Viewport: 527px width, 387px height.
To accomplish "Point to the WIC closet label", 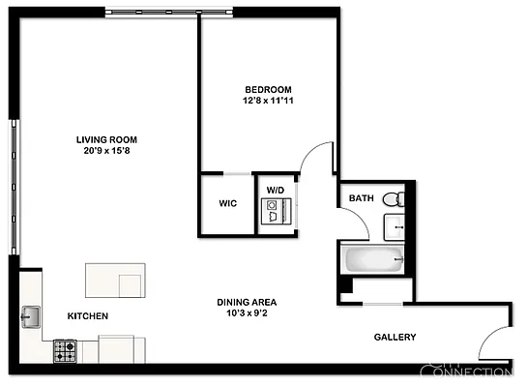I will click(228, 204).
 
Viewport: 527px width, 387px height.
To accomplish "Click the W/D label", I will click(276, 190).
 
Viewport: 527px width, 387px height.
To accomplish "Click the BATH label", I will click(361, 198).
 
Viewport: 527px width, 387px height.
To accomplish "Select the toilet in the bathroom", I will click(391, 200).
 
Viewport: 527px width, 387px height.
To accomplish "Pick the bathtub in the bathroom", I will click(372, 259).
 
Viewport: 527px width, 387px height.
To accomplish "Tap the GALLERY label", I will click(395, 337).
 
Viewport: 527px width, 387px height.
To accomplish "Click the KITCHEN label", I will click(87, 316).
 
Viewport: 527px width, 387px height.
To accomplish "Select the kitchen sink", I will click(30, 315).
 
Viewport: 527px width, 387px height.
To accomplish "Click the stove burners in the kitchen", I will click(65, 348).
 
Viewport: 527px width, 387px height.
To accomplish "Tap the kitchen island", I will click(115, 280).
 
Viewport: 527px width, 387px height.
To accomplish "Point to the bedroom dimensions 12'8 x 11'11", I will click(267, 100).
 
